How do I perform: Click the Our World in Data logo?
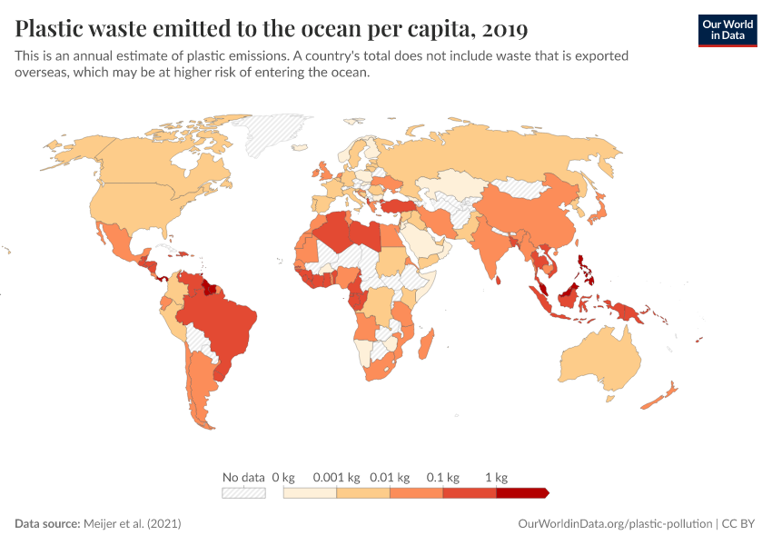(x=727, y=30)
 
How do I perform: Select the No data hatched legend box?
(x=243, y=492)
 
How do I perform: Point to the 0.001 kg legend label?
(x=335, y=477)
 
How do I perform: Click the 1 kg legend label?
(x=496, y=477)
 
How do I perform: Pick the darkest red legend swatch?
(x=522, y=492)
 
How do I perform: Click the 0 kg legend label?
(x=283, y=477)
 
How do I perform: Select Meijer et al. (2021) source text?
(x=133, y=524)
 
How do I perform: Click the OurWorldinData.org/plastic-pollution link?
(x=615, y=524)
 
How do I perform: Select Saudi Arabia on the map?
(x=420, y=243)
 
